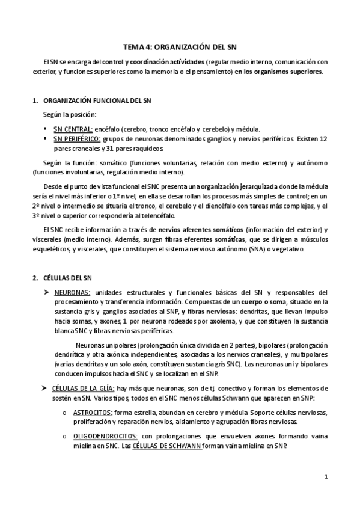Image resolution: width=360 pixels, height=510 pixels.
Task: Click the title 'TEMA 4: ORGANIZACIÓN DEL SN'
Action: point(180,46)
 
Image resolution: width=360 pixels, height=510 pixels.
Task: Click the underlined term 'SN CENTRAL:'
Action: point(73,129)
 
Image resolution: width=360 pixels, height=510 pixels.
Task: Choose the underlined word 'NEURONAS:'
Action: point(72,292)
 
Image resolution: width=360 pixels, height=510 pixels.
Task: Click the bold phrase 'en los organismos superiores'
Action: point(279,71)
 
